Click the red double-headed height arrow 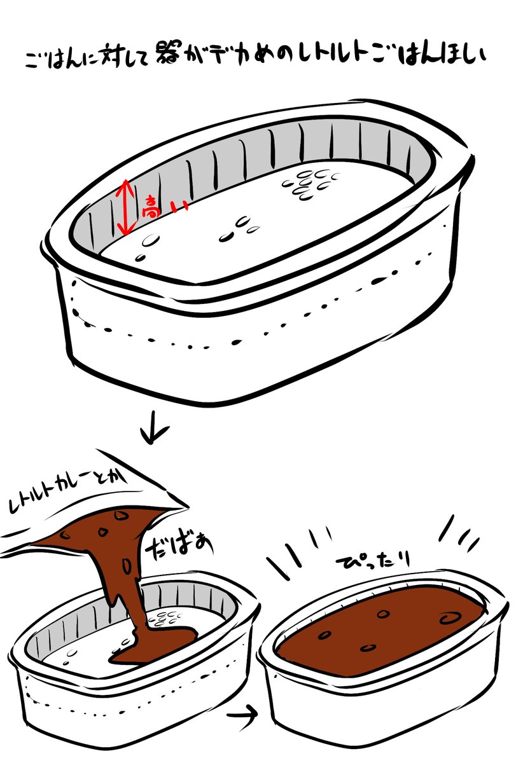click(x=125, y=207)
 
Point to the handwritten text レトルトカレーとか click(x=67, y=490)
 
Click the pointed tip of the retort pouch click(x=187, y=508)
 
